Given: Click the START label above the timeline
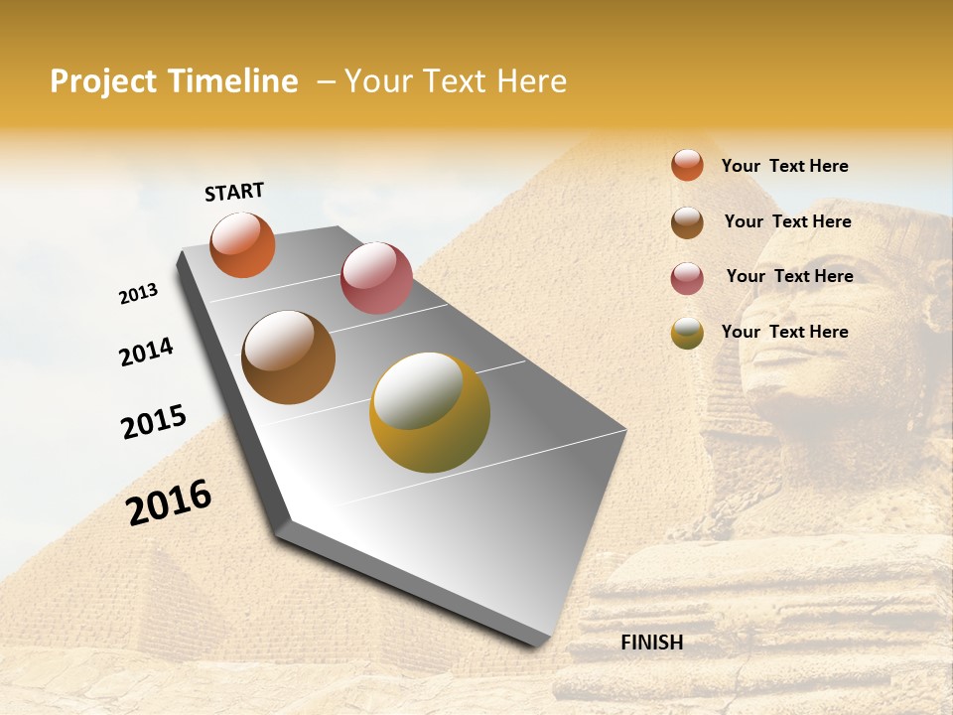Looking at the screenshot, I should tap(234, 192).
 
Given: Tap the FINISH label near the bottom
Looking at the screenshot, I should tap(652, 643).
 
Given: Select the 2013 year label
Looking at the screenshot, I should tap(138, 294).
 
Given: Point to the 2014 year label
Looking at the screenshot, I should tap(146, 353).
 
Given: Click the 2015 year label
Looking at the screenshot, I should tap(154, 422).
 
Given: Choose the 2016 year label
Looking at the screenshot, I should tap(169, 502).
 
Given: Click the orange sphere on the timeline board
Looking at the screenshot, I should tap(242, 245).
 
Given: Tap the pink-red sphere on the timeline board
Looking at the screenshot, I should tap(376, 278).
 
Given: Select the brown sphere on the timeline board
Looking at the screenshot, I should tap(289, 357).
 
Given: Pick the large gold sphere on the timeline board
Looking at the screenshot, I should tap(430, 412).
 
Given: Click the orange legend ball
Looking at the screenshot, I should tap(687, 166).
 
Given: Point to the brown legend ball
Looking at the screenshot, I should tap(687, 222).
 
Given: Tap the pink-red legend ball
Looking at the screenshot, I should tap(687, 278).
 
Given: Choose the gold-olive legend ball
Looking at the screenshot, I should tap(687, 333).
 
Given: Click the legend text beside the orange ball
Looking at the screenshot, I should tap(784, 166).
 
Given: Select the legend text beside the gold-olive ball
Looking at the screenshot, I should tap(784, 332).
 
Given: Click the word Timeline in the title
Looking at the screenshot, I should tap(232, 81).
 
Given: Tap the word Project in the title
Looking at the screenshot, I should tap(104, 81).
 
